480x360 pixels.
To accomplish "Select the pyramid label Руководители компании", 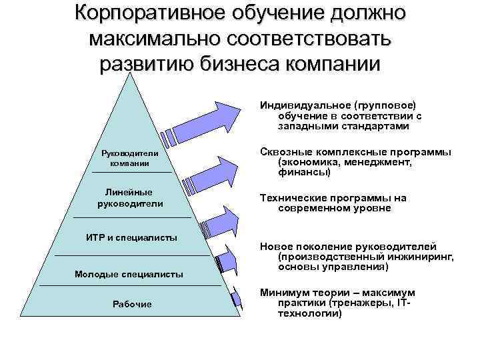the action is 129,157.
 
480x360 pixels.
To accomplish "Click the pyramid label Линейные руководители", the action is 130,198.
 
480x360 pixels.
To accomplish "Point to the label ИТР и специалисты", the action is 131,238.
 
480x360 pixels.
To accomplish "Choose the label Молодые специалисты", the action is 129,274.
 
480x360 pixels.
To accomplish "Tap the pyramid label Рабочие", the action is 131,304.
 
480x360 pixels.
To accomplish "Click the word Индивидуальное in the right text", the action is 300,105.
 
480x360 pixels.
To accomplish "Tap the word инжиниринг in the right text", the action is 419,256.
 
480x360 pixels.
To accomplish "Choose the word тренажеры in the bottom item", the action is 360,303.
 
